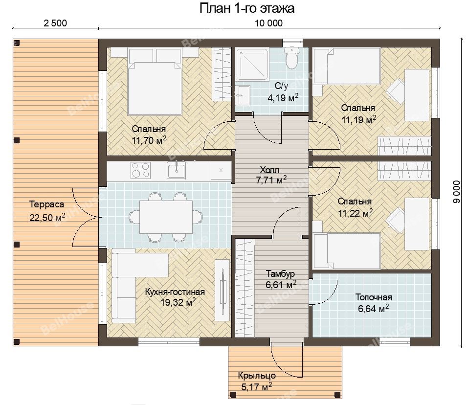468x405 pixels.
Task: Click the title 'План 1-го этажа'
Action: point(247,8)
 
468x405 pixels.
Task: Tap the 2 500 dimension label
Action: point(55,23)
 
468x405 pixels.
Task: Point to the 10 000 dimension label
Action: point(268,23)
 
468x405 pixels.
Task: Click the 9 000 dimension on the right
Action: point(457,192)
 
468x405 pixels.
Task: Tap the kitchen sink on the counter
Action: point(176,170)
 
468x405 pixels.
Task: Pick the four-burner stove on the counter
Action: point(140,170)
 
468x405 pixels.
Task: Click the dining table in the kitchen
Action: point(166,217)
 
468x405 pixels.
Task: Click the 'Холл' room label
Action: point(269,170)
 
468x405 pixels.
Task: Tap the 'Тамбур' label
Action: point(280,273)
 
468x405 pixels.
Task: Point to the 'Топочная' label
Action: point(374,297)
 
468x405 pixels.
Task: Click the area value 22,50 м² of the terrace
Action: point(47,217)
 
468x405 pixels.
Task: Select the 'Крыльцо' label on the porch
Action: point(257,376)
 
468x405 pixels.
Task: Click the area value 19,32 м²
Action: point(178,302)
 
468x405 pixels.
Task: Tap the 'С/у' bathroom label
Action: point(282,86)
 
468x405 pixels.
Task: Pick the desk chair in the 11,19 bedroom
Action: point(396,89)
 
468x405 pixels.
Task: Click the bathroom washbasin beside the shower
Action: point(243,95)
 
